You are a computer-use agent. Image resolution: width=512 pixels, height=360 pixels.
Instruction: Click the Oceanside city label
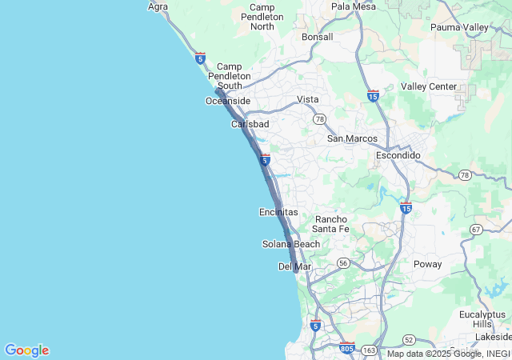228,101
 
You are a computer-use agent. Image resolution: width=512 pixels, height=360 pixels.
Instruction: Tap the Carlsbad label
250,125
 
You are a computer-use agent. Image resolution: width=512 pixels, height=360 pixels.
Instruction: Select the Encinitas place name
278,212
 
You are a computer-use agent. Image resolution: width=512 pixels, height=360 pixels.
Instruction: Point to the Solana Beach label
291,244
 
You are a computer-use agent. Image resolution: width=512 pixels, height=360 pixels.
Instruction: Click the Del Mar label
294,266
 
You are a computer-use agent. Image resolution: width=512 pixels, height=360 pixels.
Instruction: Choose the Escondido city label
398,155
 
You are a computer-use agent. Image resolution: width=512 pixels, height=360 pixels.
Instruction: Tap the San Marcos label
352,138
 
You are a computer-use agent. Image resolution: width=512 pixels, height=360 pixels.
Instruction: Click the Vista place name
308,99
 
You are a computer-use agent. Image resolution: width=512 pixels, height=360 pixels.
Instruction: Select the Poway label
427,264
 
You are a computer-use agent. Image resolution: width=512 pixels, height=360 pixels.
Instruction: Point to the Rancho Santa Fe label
331,224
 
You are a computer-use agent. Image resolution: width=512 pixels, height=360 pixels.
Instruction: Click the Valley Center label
429,86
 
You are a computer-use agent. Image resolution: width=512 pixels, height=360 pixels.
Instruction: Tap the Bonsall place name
317,37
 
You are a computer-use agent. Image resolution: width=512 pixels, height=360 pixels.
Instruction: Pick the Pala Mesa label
353,6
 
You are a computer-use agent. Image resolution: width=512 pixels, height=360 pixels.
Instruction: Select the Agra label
158,6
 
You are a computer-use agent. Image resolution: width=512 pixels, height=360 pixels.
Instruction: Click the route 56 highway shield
342,262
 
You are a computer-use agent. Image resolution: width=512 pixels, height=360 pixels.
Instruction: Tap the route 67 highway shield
477,230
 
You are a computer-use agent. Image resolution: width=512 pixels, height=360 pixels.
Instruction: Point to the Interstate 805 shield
346,349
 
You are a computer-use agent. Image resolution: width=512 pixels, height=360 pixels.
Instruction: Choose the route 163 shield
370,350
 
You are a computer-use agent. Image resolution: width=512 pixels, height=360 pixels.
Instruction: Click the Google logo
26,350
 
